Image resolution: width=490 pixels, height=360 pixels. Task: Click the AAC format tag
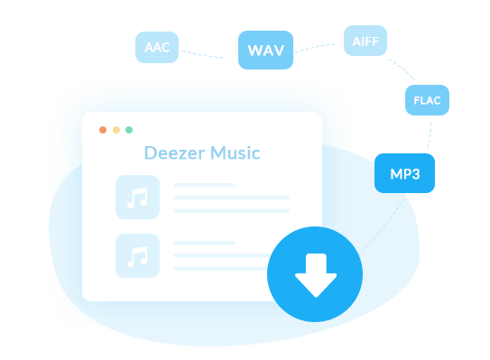coord(157,47)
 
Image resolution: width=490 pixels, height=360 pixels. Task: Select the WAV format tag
coord(265,50)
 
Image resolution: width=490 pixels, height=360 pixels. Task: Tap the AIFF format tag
coord(365,40)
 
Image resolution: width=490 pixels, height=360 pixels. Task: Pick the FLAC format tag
coord(427,100)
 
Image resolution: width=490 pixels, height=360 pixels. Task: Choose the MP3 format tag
coord(404,173)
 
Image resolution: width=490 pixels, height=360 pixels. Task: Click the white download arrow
coord(315,275)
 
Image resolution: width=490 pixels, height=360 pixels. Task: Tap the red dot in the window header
coord(103,130)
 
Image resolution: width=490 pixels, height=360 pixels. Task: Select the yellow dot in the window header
coord(116,130)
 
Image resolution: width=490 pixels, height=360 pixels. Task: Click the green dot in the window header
coord(129,130)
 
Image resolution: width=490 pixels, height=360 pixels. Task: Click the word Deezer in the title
coord(175,153)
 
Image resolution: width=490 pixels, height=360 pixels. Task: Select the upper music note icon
coord(137,198)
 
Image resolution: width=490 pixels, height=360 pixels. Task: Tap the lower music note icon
coord(137,255)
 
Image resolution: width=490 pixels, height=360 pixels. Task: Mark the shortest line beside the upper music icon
coord(204,185)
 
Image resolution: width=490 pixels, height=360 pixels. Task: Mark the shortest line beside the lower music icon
coord(204,243)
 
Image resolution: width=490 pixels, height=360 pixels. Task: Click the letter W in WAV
coord(254,51)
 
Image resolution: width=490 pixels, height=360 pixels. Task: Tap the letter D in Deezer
coord(150,153)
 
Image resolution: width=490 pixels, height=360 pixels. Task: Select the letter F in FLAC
coord(416,100)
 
